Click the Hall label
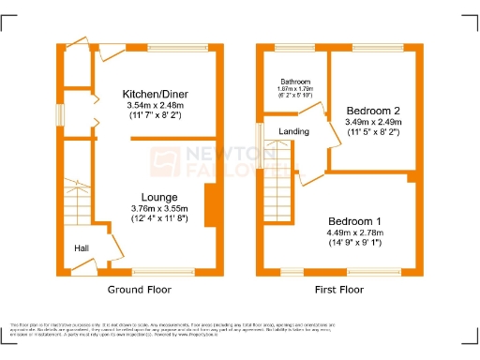click(83, 248)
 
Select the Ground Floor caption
click(137, 290)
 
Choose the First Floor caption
click(338, 290)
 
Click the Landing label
click(295, 131)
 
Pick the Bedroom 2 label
click(373, 110)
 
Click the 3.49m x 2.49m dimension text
click(373, 122)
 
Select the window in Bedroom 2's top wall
click(378, 47)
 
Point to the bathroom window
click(293, 47)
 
